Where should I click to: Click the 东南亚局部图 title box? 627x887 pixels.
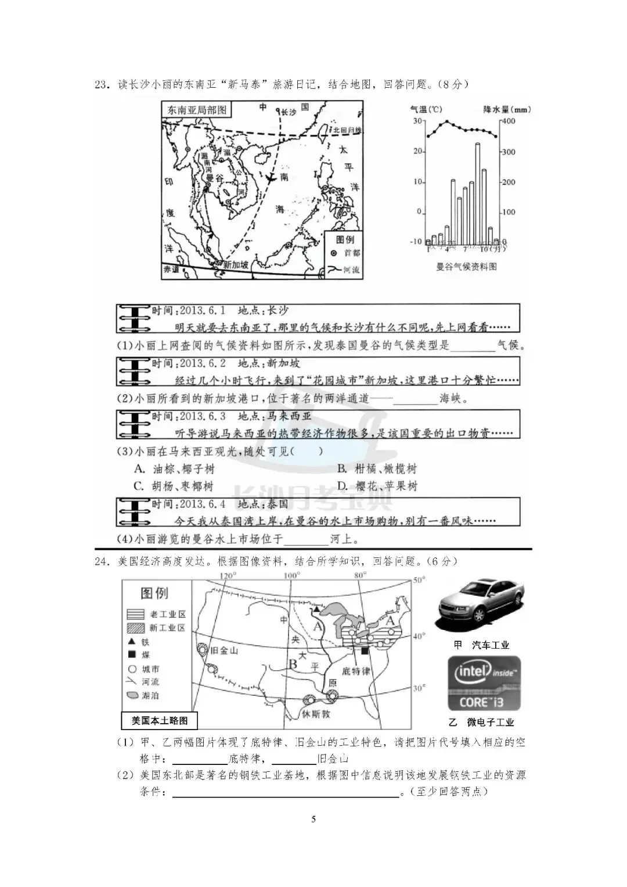tap(197, 110)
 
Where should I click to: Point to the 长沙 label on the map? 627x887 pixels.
tap(289, 112)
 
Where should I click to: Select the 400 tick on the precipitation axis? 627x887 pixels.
tap(509, 121)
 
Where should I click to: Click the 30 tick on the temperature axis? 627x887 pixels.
tap(417, 121)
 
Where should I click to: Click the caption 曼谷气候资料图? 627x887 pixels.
tap(466, 267)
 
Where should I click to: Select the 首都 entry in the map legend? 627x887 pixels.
tap(347, 253)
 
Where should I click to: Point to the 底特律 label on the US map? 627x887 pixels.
tap(355, 671)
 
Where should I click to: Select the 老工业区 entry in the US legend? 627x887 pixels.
tap(157, 614)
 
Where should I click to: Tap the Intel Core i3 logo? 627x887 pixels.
tap(484, 684)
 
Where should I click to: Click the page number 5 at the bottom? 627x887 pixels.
tap(314, 820)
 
